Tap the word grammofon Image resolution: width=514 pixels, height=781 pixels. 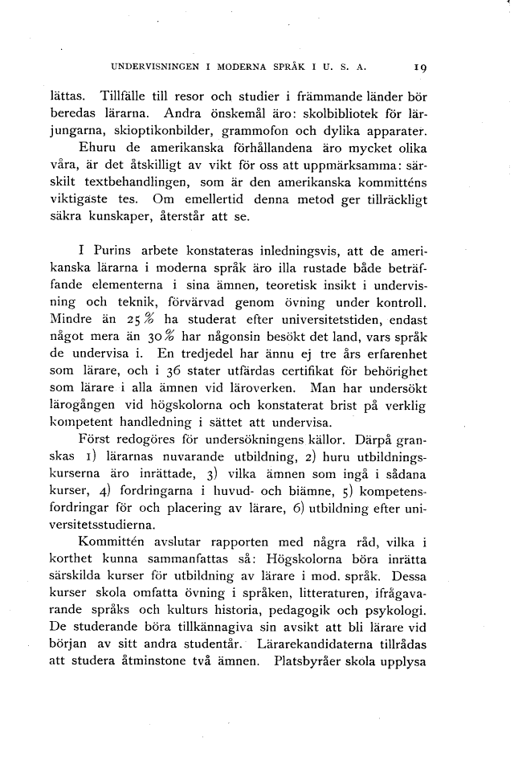[x=284, y=131]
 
